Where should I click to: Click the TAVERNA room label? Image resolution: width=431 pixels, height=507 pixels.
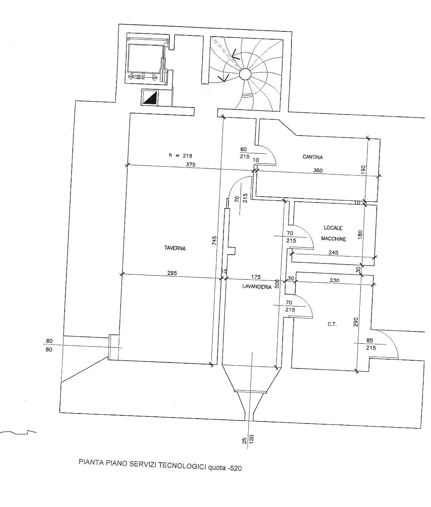[x=175, y=248]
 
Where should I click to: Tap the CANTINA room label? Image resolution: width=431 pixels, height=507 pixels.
[x=313, y=157]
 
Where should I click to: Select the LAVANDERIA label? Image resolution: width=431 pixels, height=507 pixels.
[x=257, y=286]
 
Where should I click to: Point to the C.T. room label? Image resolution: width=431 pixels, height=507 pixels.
[x=332, y=324]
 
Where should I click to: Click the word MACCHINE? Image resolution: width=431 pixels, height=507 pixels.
[x=334, y=239]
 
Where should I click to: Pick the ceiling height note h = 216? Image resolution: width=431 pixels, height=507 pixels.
[x=181, y=156]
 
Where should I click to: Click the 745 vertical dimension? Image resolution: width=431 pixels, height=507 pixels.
[x=214, y=241]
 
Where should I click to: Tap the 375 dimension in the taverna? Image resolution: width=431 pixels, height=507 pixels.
[x=190, y=164]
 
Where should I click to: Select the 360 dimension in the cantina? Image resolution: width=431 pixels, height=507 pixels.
[x=318, y=170]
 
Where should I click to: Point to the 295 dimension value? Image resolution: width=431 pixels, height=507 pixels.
[x=172, y=273]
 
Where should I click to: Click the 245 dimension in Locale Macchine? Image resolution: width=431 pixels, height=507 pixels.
[x=333, y=252]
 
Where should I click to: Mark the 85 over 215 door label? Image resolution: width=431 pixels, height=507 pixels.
[x=370, y=344]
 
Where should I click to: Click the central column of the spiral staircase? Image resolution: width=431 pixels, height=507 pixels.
[x=245, y=74]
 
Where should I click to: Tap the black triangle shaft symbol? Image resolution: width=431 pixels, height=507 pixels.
[x=150, y=97]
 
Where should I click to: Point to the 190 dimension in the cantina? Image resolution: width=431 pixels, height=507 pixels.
[x=363, y=170]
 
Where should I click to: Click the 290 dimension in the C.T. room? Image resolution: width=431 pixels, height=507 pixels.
[x=356, y=322]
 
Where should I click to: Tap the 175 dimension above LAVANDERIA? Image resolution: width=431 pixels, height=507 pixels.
[x=256, y=277]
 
